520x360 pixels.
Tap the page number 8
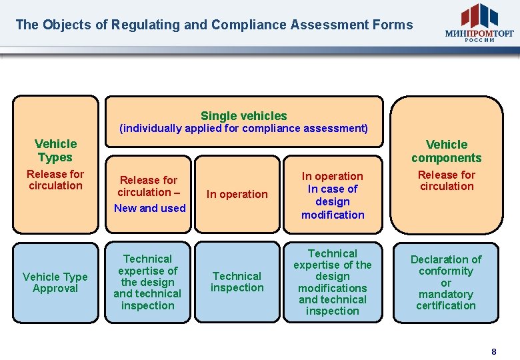tap(493, 351)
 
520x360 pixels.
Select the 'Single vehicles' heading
tap(243, 115)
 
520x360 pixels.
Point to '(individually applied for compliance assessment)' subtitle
tap(243, 129)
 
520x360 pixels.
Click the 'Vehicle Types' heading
tap(55, 151)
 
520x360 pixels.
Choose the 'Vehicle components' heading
tap(446, 151)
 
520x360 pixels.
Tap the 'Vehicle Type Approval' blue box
tap(55, 283)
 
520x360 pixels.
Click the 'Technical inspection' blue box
tap(237, 282)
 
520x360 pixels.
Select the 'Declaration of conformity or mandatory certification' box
tap(446, 283)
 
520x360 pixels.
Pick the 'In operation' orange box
tap(237, 194)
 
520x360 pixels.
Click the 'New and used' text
tap(149, 208)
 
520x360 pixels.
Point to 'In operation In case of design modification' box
tap(333, 195)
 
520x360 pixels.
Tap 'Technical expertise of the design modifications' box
tap(333, 282)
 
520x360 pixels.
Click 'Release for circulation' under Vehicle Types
tap(55, 180)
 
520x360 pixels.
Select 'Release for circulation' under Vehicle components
tap(446, 181)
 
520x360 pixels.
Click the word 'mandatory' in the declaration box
tap(446, 294)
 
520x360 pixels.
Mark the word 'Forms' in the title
tap(393, 25)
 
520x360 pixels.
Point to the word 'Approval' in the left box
tap(55, 289)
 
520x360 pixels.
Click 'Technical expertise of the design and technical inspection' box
tap(147, 282)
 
